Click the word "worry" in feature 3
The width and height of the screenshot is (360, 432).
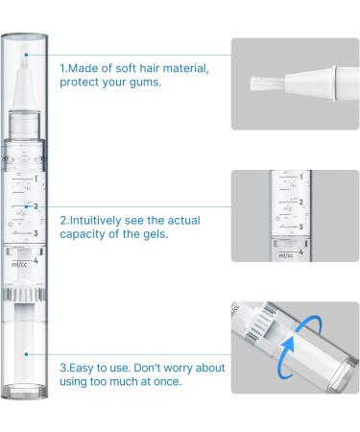click(x=179, y=368)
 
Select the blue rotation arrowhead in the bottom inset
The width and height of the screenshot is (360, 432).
click(x=289, y=345)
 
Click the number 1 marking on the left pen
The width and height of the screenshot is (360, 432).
click(x=36, y=179)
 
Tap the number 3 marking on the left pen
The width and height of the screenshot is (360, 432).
click(x=36, y=233)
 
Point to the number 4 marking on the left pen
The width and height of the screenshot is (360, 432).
click(x=36, y=260)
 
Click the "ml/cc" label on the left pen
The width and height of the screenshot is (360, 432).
click(x=19, y=264)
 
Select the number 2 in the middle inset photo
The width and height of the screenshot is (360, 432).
click(x=300, y=202)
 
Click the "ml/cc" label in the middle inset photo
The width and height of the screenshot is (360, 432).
click(x=286, y=255)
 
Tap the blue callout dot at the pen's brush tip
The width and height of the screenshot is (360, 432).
click(x=27, y=55)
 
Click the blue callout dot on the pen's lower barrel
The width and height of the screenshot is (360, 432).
click(x=27, y=354)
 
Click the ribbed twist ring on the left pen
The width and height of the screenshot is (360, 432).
click(x=24, y=294)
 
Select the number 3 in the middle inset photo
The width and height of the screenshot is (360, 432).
click(x=300, y=227)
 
